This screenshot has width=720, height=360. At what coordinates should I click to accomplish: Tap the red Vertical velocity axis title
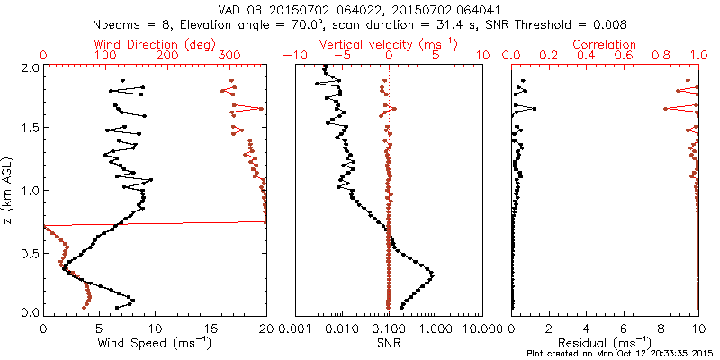[x=389, y=43]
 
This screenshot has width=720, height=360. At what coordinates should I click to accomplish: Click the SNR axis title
[x=389, y=342]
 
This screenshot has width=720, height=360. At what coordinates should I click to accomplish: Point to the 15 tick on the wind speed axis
[x=211, y=328]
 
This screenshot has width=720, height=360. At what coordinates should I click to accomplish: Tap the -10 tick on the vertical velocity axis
[x=292, y=56]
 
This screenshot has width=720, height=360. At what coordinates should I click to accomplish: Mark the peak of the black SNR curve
[x=433, y=274]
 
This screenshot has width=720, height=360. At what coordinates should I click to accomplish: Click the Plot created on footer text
[x=620, y=354]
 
